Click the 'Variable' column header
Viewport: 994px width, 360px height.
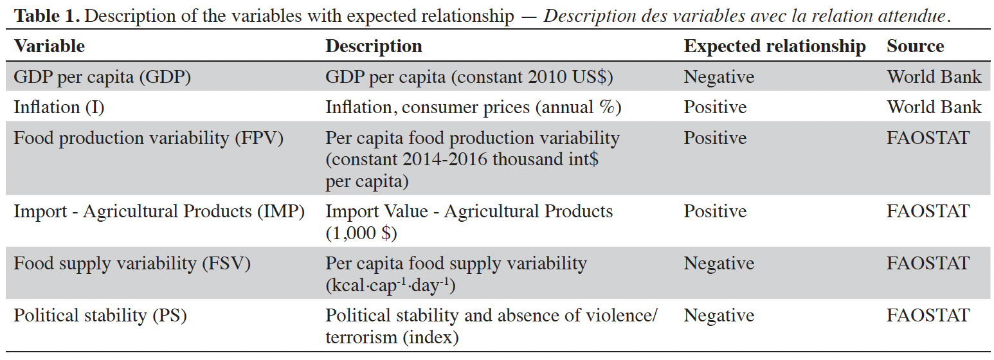pyautogui.click(x=50, y=46)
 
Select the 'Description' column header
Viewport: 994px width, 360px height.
pyautogui.click(x=374, y=46)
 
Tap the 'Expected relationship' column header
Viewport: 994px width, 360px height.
pyautogui.click(x=774, y=46)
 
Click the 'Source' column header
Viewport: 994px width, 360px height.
pyautogui.click(x=915, y=46)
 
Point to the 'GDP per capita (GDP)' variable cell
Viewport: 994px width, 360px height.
pyautogui.click(x=102, y=76)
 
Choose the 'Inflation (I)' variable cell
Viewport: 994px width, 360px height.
pyautogui.click(x=59, y=107)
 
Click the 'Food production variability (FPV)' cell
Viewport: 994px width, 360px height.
pyautogui.click(x=149, y=138)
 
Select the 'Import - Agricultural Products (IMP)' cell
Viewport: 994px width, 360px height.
pyautogui.click(x=159, y=212)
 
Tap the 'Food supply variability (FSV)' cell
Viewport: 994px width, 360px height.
pyautogui.click(x=132, y=263)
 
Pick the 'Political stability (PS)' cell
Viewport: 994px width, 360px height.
pyautogui.click(x=100, y=316)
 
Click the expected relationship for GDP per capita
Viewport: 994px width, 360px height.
pyautogui.click(x=719, y=76)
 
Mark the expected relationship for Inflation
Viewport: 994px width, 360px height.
pyautogui.click(x=715, y=107)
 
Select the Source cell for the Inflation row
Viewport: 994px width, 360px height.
pyautogui.click(x=934, y=107)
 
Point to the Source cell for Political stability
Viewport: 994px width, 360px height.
pyautogui.click(x=928, y=316)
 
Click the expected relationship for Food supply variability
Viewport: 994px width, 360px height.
pyautogui.click(x=719, y=263)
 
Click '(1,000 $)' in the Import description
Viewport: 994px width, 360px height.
pyautogui.click(x=361, y=233)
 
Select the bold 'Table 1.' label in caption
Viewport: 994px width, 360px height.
pyautogui.click(x=48, y=16)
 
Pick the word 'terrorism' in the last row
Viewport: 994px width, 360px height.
pyautogui.click(x=361, y=337)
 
